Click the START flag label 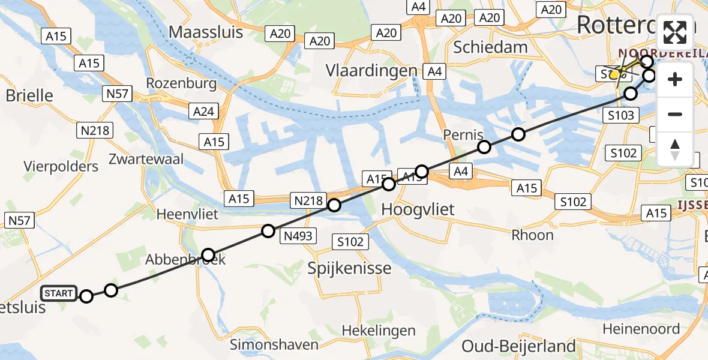pos(59,293)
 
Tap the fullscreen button pos(675,33)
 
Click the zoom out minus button pos(675,114)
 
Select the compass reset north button pos(675,149)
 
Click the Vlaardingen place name pos(371,70)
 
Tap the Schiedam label pos(490,47)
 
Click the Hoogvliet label pos(418,209)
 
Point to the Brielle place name pos(29,95)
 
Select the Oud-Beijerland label pos(518,346)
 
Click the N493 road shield pos(299,236)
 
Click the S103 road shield pos(620,115)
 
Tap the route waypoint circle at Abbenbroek pos(208,255)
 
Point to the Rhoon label pos(532,235)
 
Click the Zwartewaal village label pos(146,159)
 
